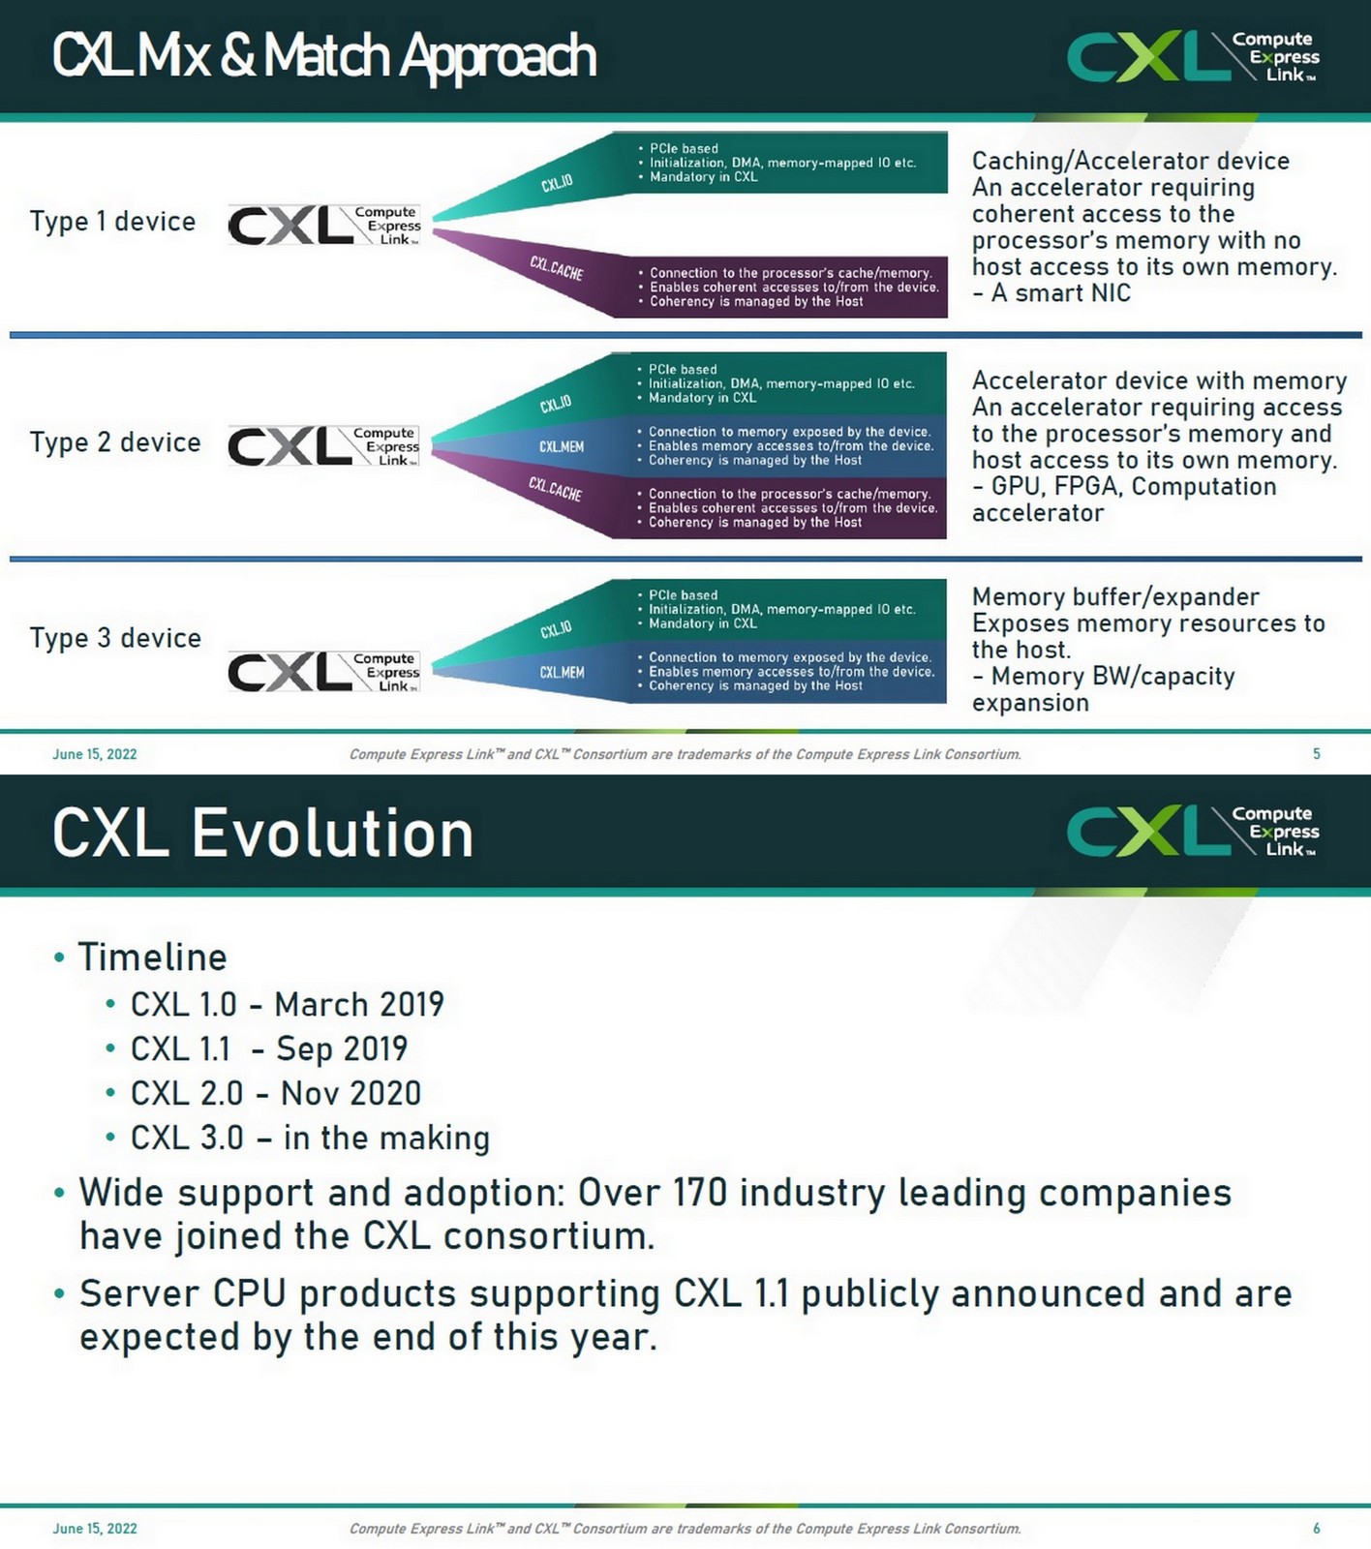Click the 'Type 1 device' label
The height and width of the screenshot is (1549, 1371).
click(112, 222)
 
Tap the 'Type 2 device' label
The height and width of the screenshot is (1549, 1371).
click(115, 442)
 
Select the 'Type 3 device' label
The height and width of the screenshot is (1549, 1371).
click(115, 638)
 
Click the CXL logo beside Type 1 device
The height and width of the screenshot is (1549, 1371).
click(323, 226)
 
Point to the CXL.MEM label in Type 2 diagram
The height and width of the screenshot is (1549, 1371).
click(562, 447)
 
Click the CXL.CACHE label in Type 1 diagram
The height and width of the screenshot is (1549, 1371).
click(556, 268)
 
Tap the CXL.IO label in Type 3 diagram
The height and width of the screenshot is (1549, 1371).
click(556, 630)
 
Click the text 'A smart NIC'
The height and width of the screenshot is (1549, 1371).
click(1060, 293)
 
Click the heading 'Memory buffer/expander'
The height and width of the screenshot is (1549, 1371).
click(1115, 596)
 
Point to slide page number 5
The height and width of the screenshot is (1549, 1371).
click(1316, 754)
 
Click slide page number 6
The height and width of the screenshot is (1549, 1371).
click(1316, 1529)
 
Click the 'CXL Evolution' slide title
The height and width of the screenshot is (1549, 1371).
click(262, 834)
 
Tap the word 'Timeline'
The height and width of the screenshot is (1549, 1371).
click(152, 957)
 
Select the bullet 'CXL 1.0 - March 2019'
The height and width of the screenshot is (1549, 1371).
click(287, 1005)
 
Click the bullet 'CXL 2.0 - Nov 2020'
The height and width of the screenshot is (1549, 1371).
click(276, 1094)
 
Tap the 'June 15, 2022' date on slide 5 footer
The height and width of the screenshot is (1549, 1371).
click(94, 754)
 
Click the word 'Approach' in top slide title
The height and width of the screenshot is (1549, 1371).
click(498, 56)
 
